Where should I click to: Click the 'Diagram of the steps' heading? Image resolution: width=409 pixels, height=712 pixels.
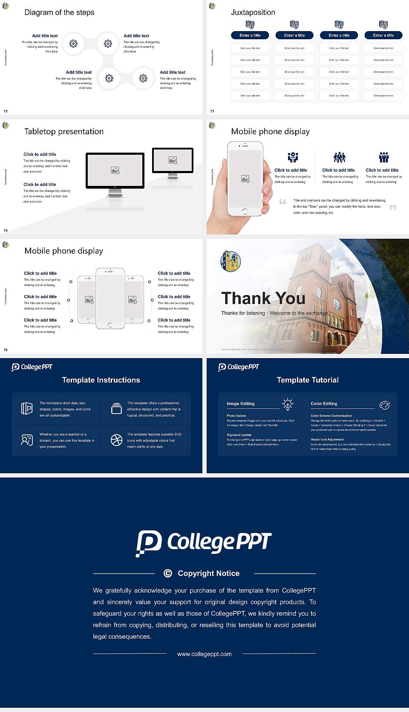59,12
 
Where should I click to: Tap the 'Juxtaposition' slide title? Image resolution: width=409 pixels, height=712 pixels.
253,12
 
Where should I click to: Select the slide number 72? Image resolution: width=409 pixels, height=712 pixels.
6,111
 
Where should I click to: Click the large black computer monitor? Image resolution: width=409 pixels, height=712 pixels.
115,171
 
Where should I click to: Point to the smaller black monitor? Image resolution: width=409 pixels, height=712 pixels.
173,160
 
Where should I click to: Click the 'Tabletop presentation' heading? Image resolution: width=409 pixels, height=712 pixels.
64,131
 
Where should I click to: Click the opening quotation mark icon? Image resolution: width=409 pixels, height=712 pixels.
282,202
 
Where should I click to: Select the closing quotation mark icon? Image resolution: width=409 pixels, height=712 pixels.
393,207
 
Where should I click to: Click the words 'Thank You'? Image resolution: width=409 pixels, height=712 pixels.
263,298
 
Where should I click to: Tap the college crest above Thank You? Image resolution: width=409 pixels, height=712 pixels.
230,261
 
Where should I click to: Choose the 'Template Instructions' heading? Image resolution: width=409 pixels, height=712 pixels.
101,380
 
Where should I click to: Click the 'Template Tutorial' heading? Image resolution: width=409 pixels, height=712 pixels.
308,380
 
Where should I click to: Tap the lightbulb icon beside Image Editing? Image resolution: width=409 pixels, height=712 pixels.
288,404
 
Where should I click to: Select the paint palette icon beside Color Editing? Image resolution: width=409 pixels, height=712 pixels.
384,405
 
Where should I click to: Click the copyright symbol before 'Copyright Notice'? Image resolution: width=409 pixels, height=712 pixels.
168,573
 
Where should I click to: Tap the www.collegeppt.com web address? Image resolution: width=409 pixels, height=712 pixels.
204,654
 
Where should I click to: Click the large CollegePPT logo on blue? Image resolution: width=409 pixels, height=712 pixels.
204,543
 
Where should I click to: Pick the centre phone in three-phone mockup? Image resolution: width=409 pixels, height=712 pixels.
110,298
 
